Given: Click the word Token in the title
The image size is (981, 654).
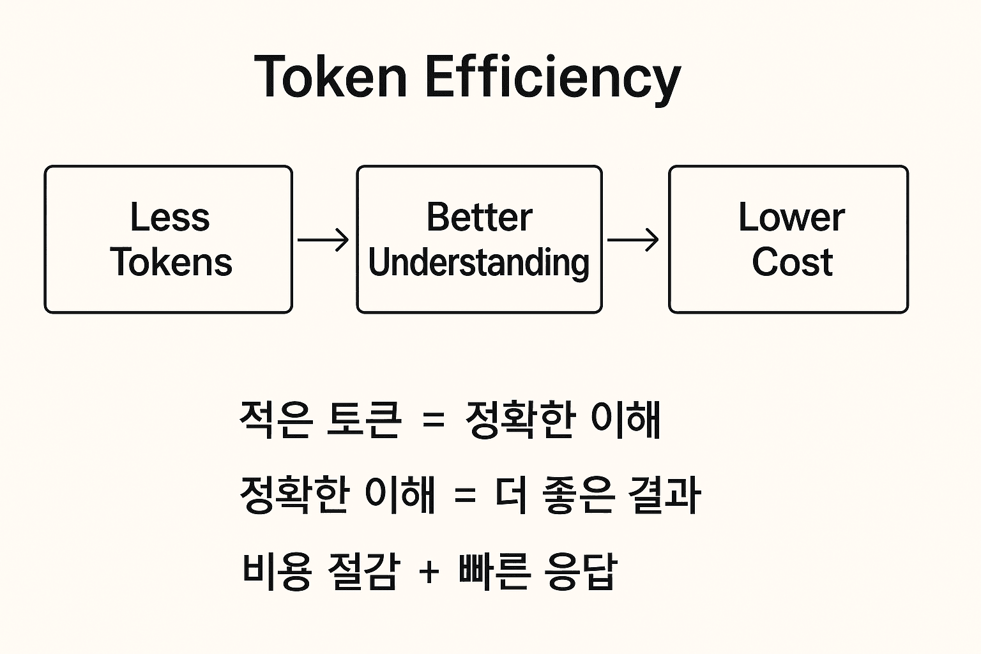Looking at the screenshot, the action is [331, 76].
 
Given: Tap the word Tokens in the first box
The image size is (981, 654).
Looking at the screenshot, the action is [171, 261].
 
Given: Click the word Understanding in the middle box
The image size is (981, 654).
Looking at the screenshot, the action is [478, 263].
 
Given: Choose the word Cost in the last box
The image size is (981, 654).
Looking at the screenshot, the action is [792, 261].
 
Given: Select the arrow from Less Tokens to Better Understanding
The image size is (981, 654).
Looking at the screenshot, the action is [323, 240].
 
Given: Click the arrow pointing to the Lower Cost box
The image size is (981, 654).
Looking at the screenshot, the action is [633, 240].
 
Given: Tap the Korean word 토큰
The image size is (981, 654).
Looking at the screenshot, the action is [363, 419].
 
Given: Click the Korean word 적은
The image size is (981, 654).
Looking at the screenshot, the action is [277, 419].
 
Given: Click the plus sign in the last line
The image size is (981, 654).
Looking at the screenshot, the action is [429, 572].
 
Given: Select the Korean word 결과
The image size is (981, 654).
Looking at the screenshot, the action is [664, 495].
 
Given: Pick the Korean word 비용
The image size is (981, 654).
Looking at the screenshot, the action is [277, 572].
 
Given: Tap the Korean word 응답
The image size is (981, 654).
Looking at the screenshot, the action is [581, 572].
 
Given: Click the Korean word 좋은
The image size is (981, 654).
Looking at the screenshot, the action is [578, 495].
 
